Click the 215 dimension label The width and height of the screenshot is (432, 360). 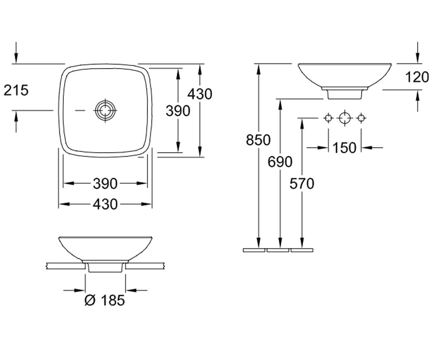click(16, 90)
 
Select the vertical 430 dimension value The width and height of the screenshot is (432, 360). click(200, 94)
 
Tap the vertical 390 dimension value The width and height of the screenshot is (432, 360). click(178, 111)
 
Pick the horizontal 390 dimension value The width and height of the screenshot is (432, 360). click(105, 184)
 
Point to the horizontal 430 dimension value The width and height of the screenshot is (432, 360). click(105, 204)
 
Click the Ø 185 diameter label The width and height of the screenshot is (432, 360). click(105, 300)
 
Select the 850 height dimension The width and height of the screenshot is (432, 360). click(258, 140)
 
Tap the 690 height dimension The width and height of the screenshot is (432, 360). click(280, 162)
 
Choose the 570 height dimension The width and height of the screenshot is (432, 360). click(302, 184)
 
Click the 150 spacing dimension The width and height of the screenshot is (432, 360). click(345, 148)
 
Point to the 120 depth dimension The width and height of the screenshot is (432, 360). click(417, 77)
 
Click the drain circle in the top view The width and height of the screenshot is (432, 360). click(105, 110)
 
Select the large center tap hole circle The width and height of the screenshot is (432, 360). click(345, 118)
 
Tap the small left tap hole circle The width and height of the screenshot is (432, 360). click(328, 118)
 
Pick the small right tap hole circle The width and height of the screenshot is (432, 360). click(361, 118)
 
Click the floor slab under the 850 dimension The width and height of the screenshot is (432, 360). click(254, 250)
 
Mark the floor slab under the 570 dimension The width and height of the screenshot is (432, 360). click(302, 250)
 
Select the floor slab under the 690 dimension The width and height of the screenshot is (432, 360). click(278, 250)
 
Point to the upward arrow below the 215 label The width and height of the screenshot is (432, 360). click(16, 121)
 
